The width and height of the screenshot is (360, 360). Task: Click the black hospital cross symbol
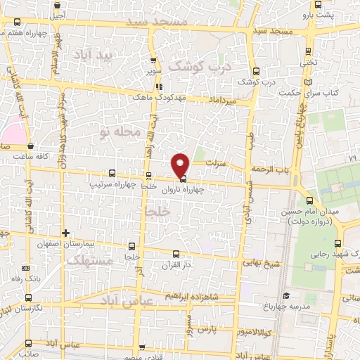pyautogui.click(x=65, y=233)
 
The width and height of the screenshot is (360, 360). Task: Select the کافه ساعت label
pyautogui.click(x=37, y=156)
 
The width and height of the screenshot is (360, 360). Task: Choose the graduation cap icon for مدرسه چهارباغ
pyautogui.click(x=285, y=296)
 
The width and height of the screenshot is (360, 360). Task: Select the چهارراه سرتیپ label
pyautogui.click(x=110, y=184)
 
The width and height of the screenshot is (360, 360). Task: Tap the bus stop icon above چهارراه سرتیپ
pyautogui.click(x=111, y=173)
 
